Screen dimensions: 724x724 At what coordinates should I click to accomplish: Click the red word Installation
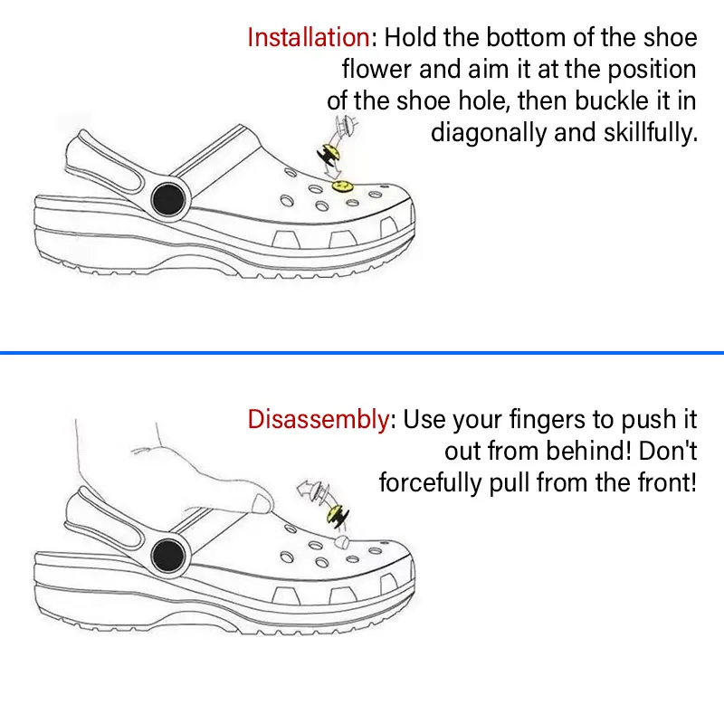pyautogui.click(x=309, y=37)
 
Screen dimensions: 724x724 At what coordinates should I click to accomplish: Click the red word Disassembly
pyautogui.click(x=319, y=419)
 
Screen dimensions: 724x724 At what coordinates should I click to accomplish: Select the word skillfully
pyautogui.click(x=651, y=133)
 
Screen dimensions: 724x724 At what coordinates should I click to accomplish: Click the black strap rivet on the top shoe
pyautogui.click(x=168, y=199)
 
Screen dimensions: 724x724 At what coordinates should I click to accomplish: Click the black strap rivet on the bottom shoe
pyautogui.click(x=168, y=556)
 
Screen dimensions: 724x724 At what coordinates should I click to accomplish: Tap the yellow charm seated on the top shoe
pyautogui.click(x=342, y=186)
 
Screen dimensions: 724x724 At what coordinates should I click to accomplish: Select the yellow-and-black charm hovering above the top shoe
pyautogui.click(x=329, y=155)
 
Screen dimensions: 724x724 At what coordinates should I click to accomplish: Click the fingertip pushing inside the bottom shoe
pyautogui.click(x=262, y=503)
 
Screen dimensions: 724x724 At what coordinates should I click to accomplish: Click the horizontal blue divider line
pyautogui.click(x=362, y=353)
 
